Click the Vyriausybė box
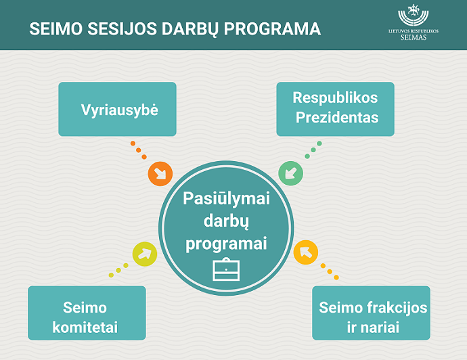tap(117, 109)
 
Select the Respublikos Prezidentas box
tap(335, 109)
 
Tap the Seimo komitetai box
tap(87, 313)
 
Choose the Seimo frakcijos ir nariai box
tap(371, 313)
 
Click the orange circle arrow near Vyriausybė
tap(160, 174)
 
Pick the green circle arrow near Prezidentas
tap(290, 173)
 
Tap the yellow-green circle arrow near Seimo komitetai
tap(145, 254)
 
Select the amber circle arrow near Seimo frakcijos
tap(306, 252)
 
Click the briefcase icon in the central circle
tap(226, 269)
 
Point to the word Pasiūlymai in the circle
tap(226, 199)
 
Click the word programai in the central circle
tap(226, 244)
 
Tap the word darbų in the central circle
tap(226, 221)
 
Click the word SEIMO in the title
tap(55, 29)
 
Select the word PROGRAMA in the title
tap(272, 29)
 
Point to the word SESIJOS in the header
tap(122, 29)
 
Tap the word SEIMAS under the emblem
tap(414, 37)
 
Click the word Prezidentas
tap(337, 117)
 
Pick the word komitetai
tap(85, 328)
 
